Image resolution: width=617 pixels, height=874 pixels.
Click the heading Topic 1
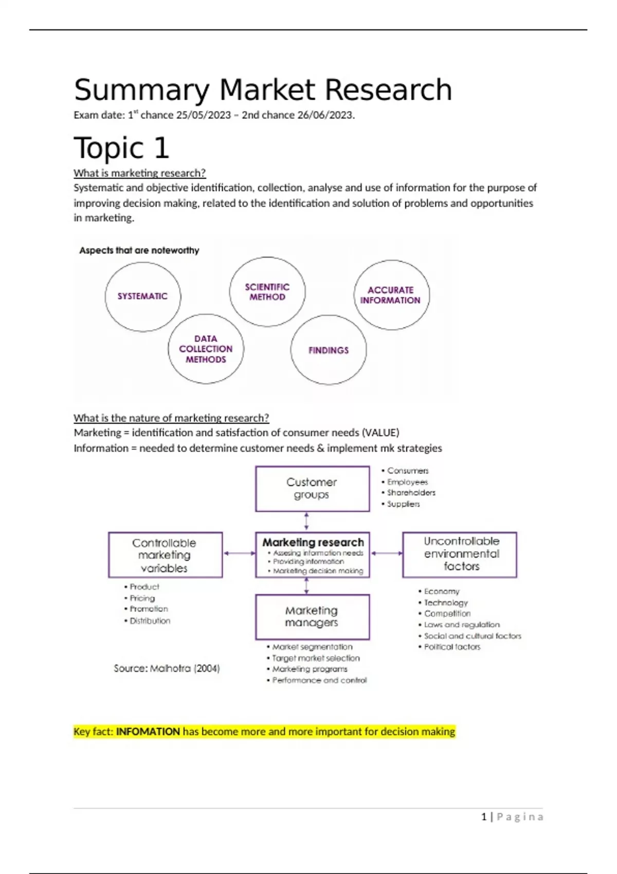click(x=121, y=148)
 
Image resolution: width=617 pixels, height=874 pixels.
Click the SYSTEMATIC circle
click(x=142, y=296)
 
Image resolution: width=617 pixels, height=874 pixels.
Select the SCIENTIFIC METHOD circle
click(x=267, y=292)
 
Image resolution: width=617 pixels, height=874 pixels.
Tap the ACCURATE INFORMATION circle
click(x=391, y=295)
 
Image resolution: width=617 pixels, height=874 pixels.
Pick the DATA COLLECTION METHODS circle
click(x=206, y=349)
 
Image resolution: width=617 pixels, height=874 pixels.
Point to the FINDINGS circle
click(x=329, y=350)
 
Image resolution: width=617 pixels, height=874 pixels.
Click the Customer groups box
click(x=312, y=488)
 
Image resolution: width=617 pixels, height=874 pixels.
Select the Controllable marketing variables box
click(x=165, y=555)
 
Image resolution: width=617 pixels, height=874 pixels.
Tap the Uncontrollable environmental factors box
click(x=460, y=554)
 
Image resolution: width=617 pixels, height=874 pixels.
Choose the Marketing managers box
click(x=312, y=616)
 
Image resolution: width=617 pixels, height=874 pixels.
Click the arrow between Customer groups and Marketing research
click(x=307, y=521)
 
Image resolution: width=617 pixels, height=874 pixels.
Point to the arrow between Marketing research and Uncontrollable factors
click(x=386, y=553)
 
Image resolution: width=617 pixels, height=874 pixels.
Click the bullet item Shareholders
click(x=411, y=493)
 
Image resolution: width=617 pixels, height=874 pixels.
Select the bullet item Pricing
click(x=142, y=598)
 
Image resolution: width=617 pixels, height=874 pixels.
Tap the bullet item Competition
click(x=447, y=613)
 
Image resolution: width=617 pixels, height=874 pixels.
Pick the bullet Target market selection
click(x=316, y=658)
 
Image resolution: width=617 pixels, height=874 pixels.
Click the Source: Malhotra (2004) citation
click(x=167, y=668)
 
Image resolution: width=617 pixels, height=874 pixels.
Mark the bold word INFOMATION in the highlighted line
click(x=148, y=732)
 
